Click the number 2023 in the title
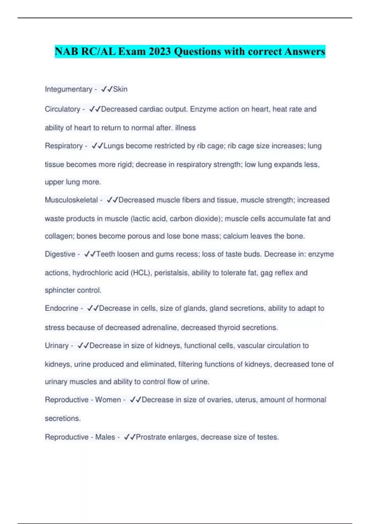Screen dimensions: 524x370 [x=159, y=51]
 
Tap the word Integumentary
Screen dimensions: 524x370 [x=68, y=89]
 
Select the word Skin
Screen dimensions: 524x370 [x=120, y=89]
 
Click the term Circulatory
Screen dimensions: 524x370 [x=62, y=109]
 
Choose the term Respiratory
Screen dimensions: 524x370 [x=64, y=146]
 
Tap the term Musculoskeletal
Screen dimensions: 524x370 [x=71, y=200]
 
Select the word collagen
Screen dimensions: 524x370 [x=60, y=236]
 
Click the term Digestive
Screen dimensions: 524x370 [x=60, y=254]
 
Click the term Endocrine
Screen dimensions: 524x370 [x=61, y=308]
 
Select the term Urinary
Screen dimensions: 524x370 [x=57, y=346]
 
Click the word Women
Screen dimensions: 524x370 [x=108, y=400]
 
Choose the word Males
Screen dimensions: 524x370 [x=105, y=437]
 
